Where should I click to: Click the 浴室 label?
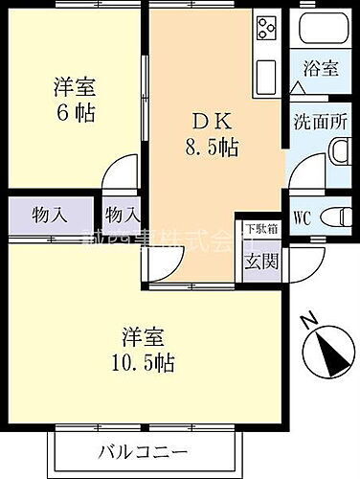(322, 69)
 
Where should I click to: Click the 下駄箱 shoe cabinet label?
(261, 229)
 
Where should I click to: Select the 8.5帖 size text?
(211, 148)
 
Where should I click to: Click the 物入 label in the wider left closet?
(50, 215)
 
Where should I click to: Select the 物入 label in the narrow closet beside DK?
(123, 215)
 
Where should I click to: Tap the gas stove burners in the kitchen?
(265, 29)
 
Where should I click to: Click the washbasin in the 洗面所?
(339, 151)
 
